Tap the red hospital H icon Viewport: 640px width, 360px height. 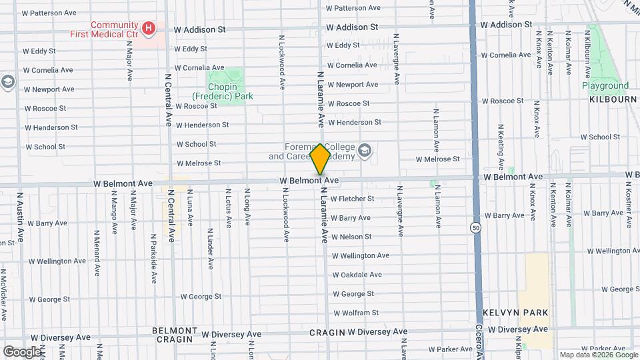click(149, 28)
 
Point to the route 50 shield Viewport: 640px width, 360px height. click(474, 227)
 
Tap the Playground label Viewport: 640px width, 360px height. click(605, 85)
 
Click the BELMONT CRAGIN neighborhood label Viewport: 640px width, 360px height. click(174, 335)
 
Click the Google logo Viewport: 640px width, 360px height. click(21, 351)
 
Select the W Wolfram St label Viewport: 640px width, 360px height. click(355, 313)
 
